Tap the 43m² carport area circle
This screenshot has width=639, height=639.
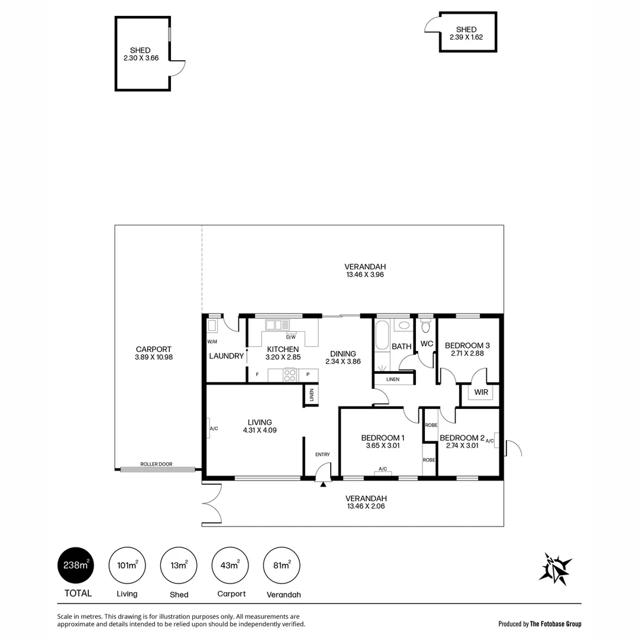click(230, 566)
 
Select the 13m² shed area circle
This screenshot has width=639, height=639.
click(179, 566)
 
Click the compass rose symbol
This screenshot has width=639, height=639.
click(555, 569)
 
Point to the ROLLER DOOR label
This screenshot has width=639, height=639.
click(156, 464)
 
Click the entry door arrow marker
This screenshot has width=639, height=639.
click(323, 485)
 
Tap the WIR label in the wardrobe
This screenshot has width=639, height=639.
click(480, 392)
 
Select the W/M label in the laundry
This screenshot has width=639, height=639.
click(212, 342)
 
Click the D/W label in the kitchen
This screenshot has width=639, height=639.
click(291, 337)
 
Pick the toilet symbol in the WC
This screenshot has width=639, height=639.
click(425, 327)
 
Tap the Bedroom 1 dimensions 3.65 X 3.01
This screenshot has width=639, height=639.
click(383, 446)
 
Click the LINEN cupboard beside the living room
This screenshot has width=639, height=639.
click(311, 395)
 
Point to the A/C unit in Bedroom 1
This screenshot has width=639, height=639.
click(383, 470)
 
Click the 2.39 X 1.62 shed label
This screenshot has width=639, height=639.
click(466, 37)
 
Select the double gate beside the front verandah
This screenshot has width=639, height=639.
click(212, 503)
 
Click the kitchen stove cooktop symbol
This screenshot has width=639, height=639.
click(290, 375)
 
